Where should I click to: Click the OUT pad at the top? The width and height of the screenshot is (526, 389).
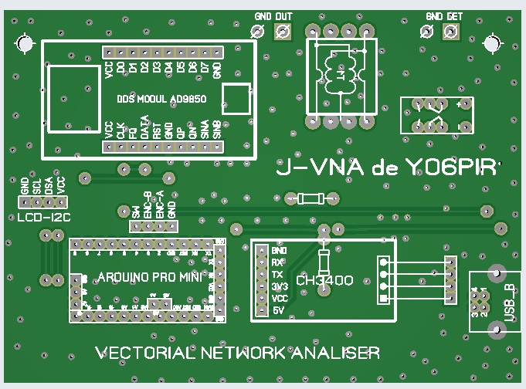[283, 31]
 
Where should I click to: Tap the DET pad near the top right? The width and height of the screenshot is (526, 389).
[450, 31]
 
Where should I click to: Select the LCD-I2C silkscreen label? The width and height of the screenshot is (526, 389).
[43, 218]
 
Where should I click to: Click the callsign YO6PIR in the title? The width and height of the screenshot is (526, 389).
[448, 169]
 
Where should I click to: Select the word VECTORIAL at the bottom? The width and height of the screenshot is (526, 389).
[144, 353]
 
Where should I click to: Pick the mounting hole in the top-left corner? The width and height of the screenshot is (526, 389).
[25, 44]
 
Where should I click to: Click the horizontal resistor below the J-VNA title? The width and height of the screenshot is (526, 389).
[311, 199]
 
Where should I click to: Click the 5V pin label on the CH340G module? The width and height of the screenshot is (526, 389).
[279, 310]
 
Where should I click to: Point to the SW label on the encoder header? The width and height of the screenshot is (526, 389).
[136, 211]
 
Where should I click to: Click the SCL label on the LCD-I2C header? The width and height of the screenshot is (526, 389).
[36, 185]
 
